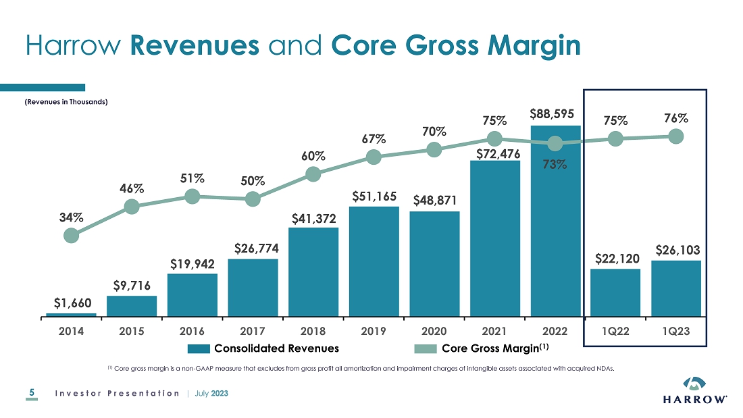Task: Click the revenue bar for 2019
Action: (374, 261)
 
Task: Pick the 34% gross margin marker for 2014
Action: (71, 235)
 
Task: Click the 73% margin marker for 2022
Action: (555, 143)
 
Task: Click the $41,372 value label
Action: (313, 218)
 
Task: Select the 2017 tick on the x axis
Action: (253, 332)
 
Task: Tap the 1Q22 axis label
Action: (615, 332)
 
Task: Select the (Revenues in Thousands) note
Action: (66, 102)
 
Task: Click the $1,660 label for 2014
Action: (70, 302)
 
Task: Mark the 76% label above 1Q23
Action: (675, 118)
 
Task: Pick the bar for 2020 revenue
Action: (434, 263)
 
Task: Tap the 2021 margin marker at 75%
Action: (494, 138)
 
